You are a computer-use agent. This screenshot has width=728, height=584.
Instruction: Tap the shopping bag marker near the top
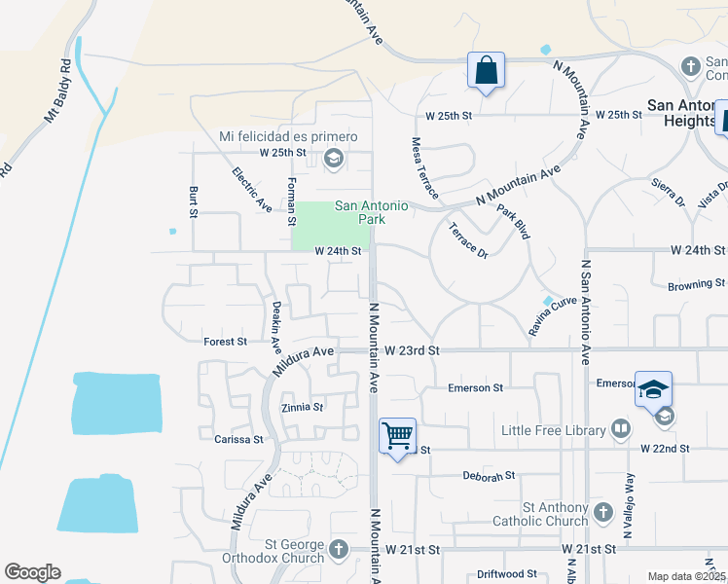pyautogui.click(x=486, y=71)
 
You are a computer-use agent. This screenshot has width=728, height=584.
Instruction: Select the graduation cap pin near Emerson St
pyautogui.click(x=654, y=389)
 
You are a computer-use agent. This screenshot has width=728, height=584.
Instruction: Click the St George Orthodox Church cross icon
pyautogui.click(x=339, y=549)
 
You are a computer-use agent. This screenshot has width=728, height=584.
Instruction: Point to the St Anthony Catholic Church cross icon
pyautogui.click(x=602, y=512)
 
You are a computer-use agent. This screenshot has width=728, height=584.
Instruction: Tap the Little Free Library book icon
pyautogui.click(x=620, y=429)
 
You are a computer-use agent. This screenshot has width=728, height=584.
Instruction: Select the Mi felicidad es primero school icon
pyautogui.click(x=334, y=158)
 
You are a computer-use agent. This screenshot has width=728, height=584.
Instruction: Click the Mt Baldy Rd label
pyautogui.click(x=57, y=93)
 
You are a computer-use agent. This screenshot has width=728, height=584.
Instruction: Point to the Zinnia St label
pyautogui.click(x=301, y=407)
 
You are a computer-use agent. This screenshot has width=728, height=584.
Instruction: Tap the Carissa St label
pyautogui.click(x=238, y=439)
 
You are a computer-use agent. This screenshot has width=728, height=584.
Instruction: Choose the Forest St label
pyautogui.click(x=225, y=342)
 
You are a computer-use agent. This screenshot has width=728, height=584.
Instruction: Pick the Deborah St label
pyautogui.click(x=489, y=476)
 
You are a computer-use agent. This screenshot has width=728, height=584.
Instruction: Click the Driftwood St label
pyautogui.click(x=507, y=574)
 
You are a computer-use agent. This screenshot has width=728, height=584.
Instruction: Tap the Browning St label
pyautogui.click(x=696, y=285)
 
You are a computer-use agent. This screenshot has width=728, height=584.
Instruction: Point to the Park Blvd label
pyautogui.click(x=512, y=222)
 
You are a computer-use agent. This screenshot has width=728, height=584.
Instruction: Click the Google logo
pyautogui.click(x=32, y=571)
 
